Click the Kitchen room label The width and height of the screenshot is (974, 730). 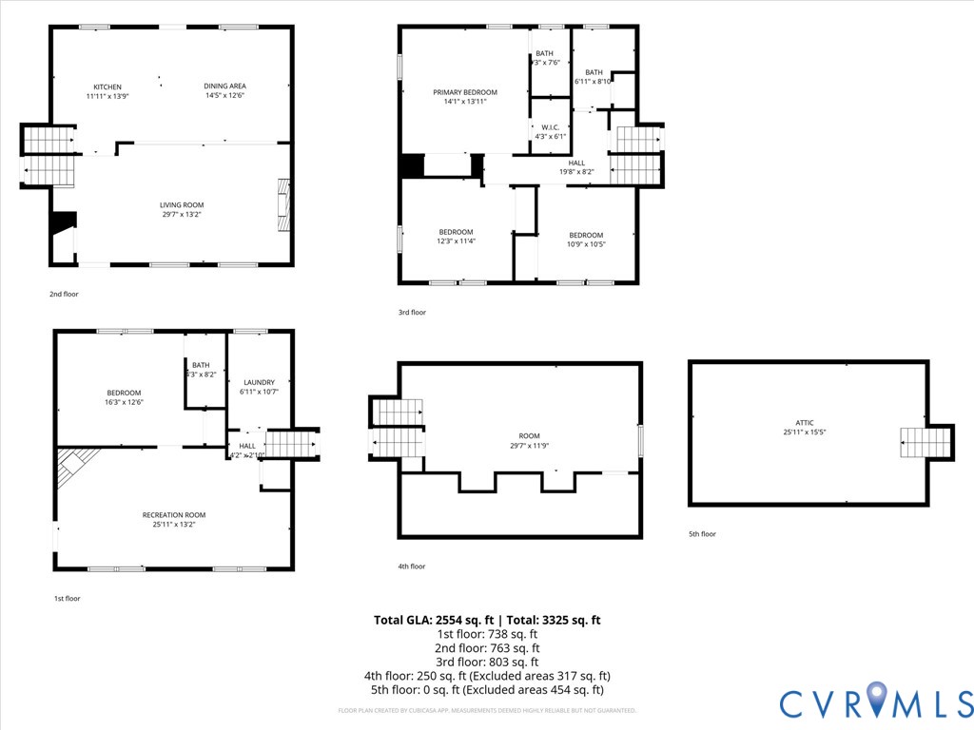[107, 86]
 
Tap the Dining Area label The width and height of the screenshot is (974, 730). [224, 86]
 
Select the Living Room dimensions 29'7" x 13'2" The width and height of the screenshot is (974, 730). [181, 215]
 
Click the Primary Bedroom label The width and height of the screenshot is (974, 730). [465, 92]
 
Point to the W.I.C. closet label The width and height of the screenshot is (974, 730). [550, 126]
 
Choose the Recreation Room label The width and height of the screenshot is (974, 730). [174, 515]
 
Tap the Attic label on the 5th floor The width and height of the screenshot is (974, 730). [805, 423]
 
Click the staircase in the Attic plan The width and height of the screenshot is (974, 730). [925, 442]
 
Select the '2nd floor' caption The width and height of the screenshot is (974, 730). [64, 294]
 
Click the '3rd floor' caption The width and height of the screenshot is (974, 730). [412, 312]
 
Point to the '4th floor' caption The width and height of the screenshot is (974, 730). [412, 567]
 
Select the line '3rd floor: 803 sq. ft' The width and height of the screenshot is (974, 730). [487, 663]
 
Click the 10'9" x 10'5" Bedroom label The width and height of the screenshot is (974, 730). [586, 236]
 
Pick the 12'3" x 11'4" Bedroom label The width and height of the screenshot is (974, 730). [456, 232]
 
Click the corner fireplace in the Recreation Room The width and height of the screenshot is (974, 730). [74, 466]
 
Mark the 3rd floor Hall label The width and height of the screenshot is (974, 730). [576, 163]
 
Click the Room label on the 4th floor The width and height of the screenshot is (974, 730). [529, 435]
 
